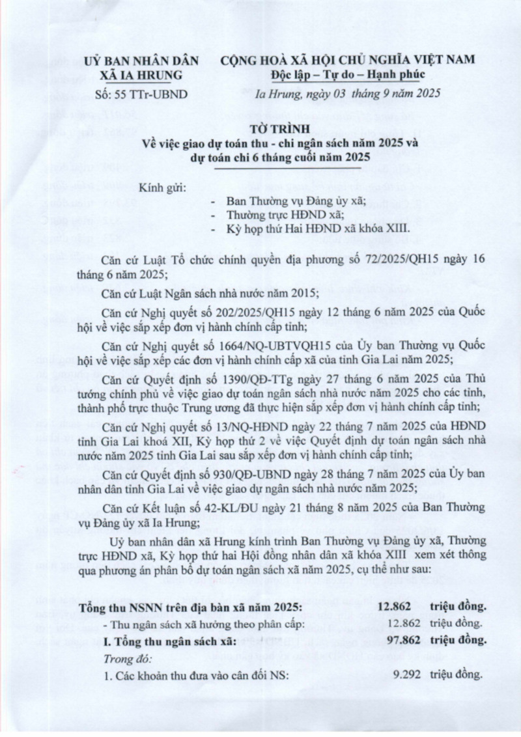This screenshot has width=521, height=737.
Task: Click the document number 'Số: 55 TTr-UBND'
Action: coord(137,94)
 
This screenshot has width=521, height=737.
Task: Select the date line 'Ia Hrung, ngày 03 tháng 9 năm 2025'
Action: coord(348,94)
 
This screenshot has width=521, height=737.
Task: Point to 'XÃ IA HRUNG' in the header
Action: coord(137,76)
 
